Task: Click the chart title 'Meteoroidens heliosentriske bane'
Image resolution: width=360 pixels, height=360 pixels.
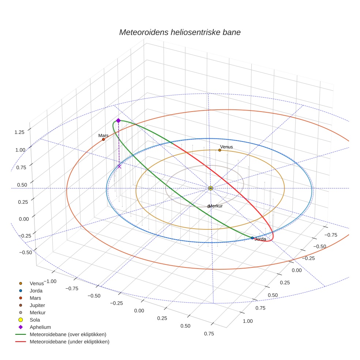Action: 180,32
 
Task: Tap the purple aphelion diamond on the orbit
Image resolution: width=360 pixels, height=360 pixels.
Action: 118,120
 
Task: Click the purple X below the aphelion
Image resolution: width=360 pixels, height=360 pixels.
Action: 119,166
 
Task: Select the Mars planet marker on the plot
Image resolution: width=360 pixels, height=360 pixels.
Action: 104,139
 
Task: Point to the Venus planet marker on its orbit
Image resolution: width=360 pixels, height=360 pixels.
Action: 220,150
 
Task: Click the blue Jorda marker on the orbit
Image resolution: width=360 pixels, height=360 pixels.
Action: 252,238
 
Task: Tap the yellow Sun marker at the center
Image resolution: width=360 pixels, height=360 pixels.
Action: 211,188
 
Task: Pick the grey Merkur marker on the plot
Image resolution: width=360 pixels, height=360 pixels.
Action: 209,207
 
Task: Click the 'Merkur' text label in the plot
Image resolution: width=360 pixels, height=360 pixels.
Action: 215,206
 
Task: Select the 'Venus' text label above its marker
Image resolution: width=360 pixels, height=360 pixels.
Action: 226,147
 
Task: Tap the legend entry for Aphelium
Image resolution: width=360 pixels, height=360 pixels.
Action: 40,327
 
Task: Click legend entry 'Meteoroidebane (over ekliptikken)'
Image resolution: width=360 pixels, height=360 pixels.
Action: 68,334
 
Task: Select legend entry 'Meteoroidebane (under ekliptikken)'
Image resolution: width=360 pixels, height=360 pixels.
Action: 69,342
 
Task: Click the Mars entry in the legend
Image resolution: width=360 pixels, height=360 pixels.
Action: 35,298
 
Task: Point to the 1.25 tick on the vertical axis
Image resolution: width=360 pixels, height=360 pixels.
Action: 19,132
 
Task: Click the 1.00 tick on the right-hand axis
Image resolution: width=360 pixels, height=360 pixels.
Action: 248,321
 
